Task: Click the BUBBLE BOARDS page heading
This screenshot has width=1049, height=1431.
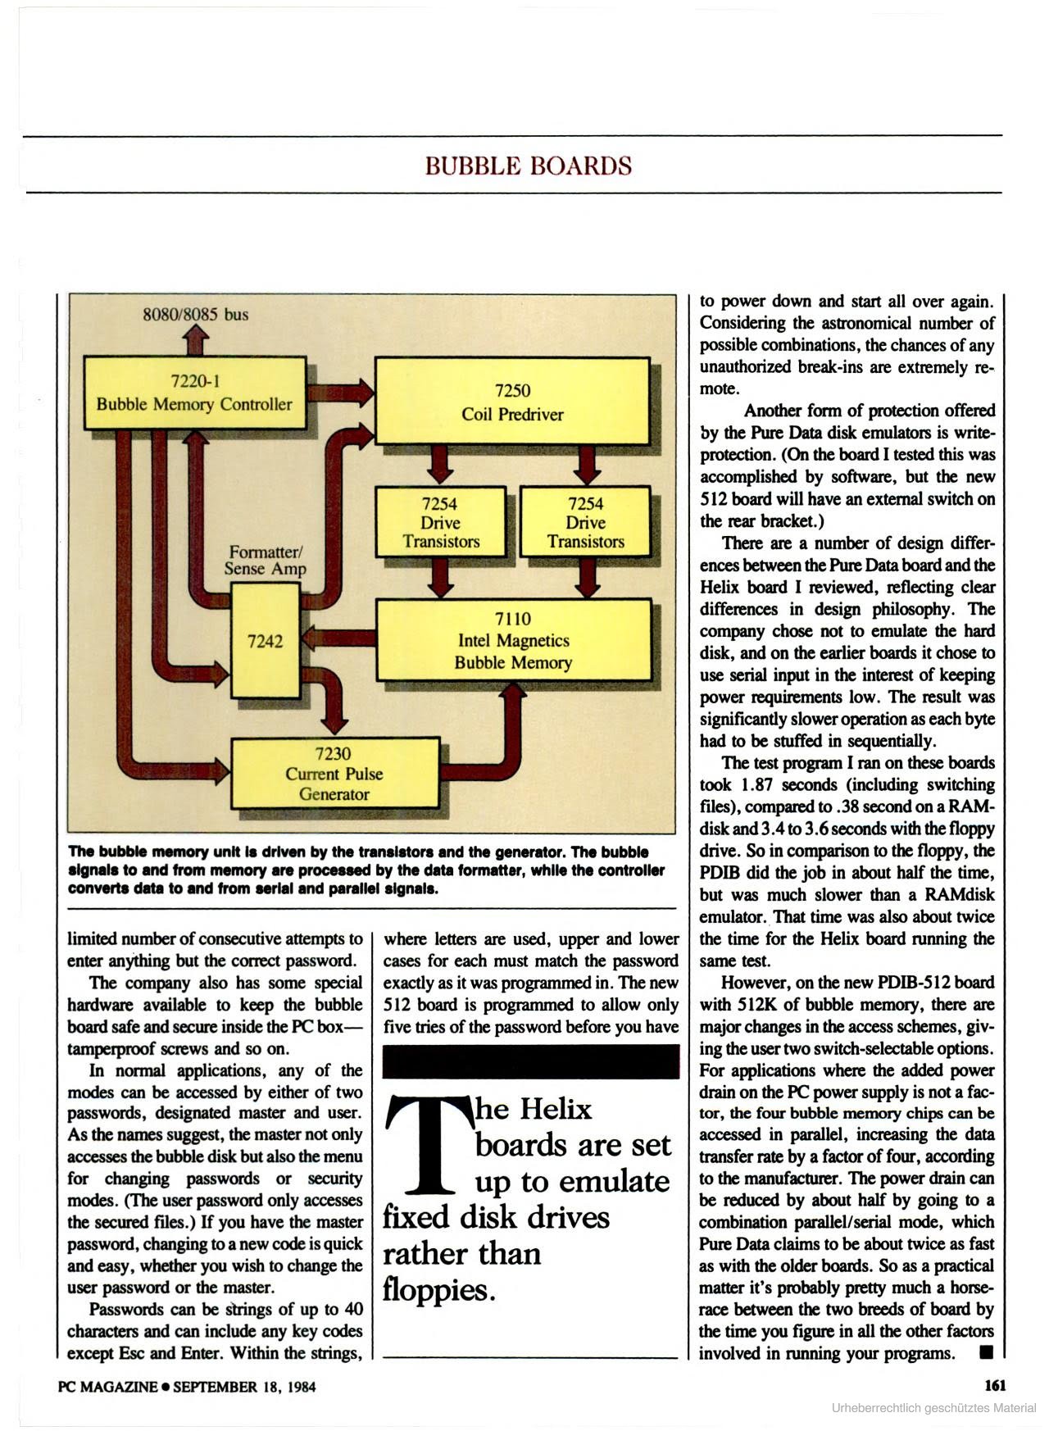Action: click(529, 166)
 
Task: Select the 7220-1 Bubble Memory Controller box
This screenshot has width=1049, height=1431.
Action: click(194, 393)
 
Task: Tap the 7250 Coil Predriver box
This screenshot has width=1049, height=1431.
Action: click(512, 402)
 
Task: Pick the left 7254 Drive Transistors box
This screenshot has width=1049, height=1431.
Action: click(440, 522)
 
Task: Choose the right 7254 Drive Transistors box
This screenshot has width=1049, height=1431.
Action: click(585, 522)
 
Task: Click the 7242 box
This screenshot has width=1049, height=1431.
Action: click(265, 641)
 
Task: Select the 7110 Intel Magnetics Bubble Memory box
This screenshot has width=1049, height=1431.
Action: click(513, 640)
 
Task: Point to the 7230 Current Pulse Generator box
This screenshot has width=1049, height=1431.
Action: click(334, 774)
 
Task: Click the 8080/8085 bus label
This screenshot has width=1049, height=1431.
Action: click(196, 314)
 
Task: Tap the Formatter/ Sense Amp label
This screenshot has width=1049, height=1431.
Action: click(266, 560)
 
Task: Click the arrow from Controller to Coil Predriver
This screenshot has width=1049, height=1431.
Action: click(340, 393)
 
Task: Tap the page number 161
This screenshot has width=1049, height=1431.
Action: click(994, 1386)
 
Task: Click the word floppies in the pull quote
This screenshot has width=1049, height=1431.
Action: click(438, 1291)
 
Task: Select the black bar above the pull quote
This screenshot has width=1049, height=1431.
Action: click(531, 1061)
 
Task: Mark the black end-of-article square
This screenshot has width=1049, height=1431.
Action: click(986, 1352)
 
